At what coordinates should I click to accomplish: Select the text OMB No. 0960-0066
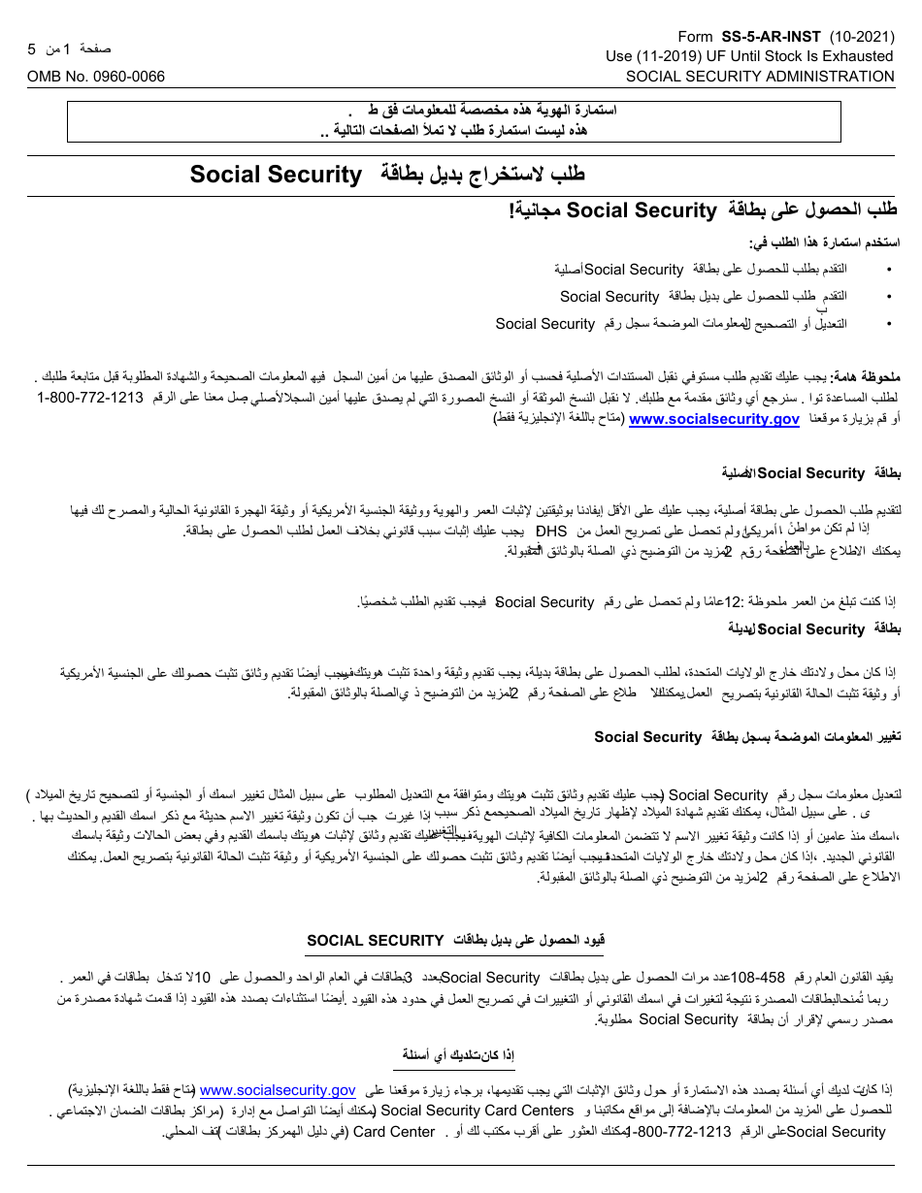pos(96,77)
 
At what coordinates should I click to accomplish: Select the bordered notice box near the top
pos(461,121)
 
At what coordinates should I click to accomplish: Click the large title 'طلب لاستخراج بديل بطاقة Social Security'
pos(388,175)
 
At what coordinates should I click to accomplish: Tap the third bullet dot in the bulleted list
pos(890,325)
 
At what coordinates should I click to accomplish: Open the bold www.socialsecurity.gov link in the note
pos(714,419)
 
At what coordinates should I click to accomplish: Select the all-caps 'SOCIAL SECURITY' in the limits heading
pos(376,940)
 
